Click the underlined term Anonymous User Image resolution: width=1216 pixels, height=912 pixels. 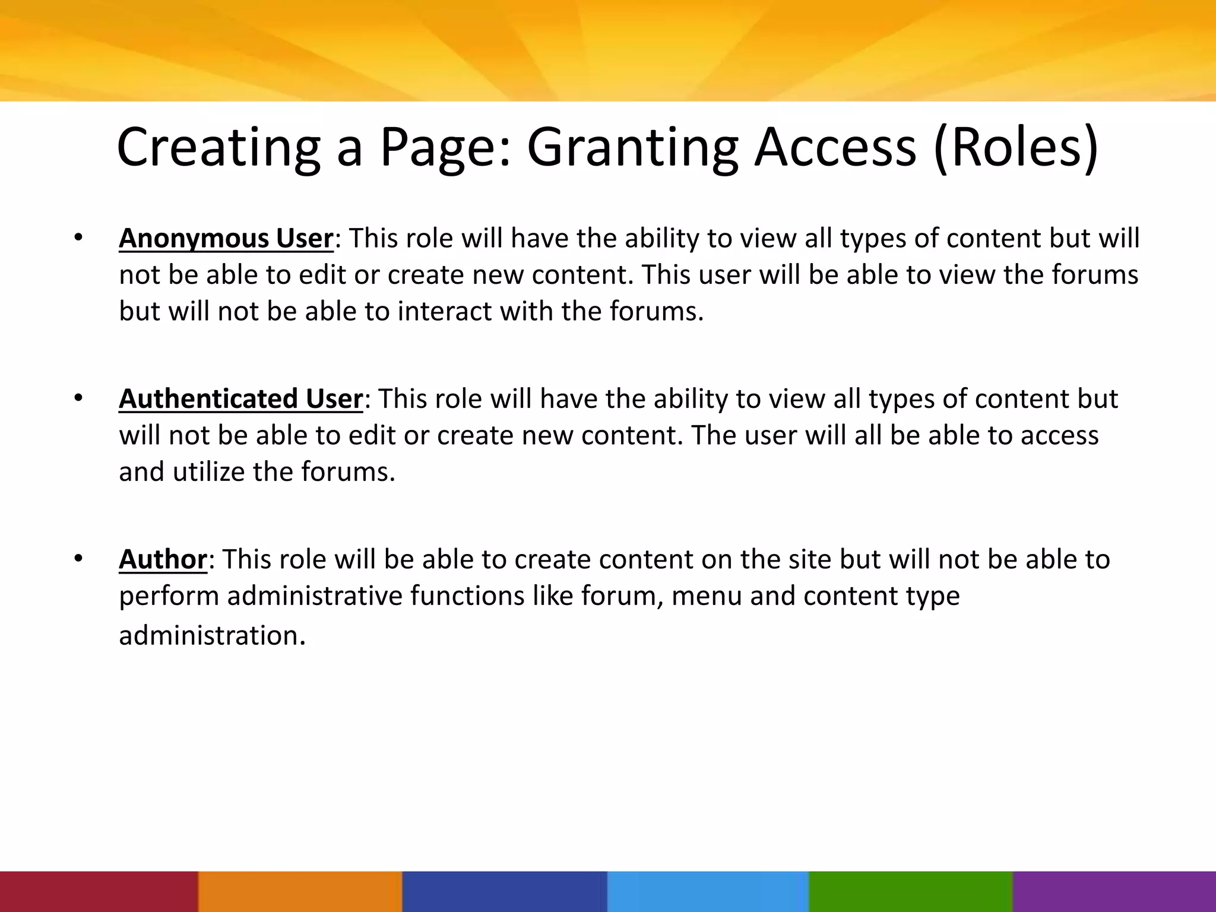tap(226, 239)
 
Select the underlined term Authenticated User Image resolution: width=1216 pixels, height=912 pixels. tap(240, 399)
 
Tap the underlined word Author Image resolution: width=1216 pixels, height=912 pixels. tap(163, 560)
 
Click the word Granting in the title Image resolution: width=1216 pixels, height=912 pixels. tap(632, 148)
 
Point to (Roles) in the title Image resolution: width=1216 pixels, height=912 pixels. tap(1016, 148)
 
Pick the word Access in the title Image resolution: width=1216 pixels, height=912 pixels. tap(835, 148)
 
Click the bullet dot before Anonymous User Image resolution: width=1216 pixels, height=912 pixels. tap(78, 238)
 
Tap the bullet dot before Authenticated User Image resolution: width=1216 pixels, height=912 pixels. tap(78, 398)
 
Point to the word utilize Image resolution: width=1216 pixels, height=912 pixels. tap(208, 473)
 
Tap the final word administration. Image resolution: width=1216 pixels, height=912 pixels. tap(211, 636)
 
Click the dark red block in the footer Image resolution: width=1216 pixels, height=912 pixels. tap(99, 891)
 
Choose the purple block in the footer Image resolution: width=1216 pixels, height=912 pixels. tap(1114, 891)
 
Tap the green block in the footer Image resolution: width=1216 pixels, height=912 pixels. tap(911, 891)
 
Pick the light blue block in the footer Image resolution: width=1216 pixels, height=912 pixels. tap(708, 891)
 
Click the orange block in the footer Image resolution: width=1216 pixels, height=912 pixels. tap(300, 891)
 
